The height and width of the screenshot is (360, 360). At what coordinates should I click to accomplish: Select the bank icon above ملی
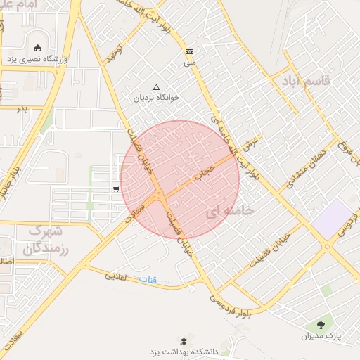point(189,52)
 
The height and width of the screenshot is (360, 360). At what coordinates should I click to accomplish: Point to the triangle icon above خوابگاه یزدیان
point(156,88)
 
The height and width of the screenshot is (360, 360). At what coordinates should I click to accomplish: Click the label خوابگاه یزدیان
point(157,98)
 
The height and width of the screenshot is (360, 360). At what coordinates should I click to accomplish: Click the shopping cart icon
point(115,188)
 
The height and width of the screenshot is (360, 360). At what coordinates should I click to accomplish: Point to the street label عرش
point(247,148)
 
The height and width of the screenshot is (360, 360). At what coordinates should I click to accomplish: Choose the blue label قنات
point(148,280)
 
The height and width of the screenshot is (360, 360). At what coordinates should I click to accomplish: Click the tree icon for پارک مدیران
point(321,325)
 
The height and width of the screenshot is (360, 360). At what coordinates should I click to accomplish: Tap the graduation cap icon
point(184,340)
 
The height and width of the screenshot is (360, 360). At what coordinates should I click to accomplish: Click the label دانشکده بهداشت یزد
point(185,350)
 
